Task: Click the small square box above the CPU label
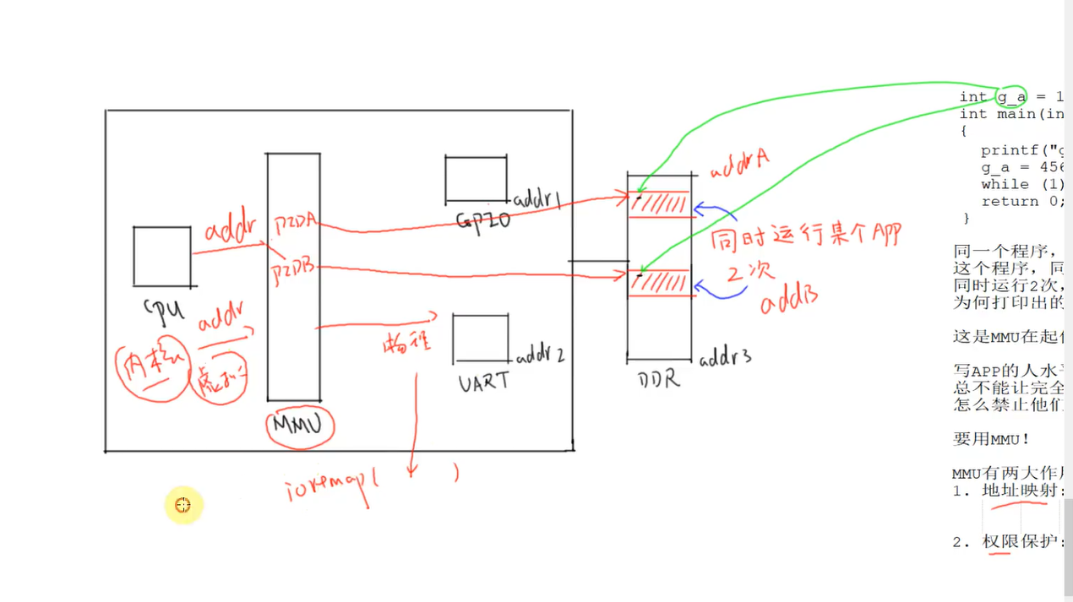tap(161, 256)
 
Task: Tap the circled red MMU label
tap(300, 427)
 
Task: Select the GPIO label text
tap(483, 221)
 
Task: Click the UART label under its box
tap(484, 382)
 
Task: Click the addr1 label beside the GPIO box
tap(538, 199)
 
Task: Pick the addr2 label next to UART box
tap(540, 355)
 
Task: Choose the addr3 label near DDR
tap(725, 358)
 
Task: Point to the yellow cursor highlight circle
tap(183, 506)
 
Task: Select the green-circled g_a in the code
tap(1010, 96)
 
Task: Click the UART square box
tap(481, 339)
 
